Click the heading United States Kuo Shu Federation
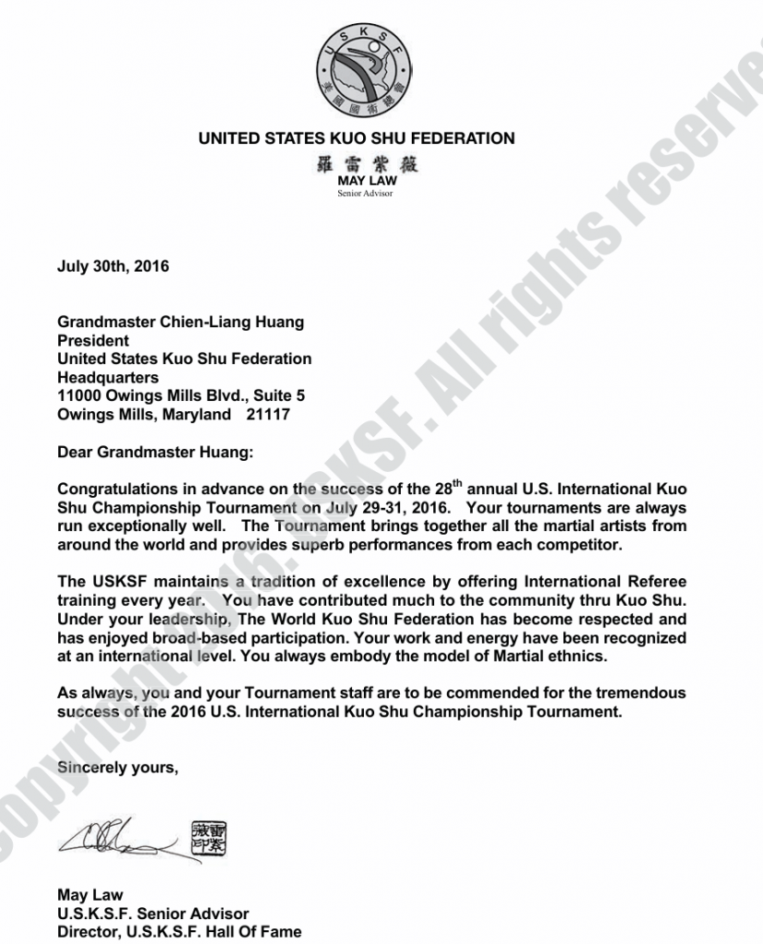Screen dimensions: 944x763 click(357, 139)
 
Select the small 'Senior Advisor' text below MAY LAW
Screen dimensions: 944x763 click(366, 194)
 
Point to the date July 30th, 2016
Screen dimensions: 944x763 click(113, 267)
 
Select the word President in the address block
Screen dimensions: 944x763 click(93, 341)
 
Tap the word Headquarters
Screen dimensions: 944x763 click(108, 378)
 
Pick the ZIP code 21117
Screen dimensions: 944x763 click(268, 415)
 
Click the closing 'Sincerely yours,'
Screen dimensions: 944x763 click(117, 767)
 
